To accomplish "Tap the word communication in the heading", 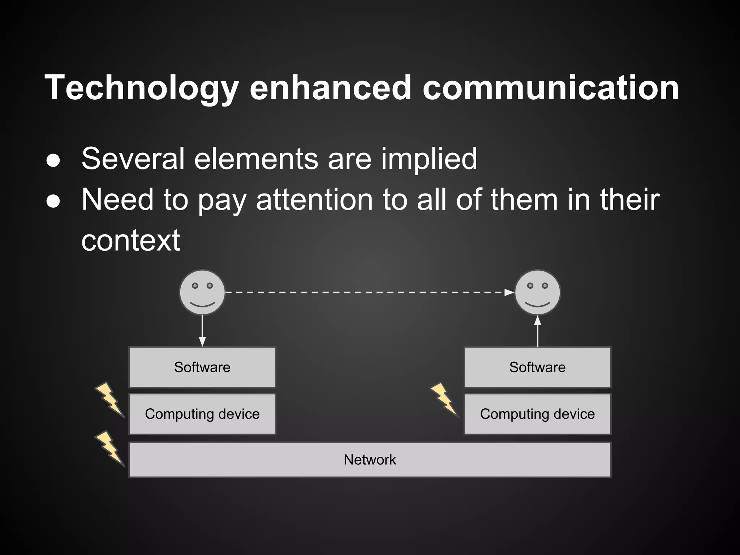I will point(551,88).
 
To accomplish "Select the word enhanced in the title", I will point(330,88).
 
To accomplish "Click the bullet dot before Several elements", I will point(53,160).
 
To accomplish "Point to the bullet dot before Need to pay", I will point(53,201).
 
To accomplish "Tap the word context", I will point(130,241).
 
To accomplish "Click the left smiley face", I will point(202,292).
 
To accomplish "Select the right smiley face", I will point(537,292).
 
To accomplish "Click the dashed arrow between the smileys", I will point(369,292).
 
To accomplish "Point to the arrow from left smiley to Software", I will point(202,331).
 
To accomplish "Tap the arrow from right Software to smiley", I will point(537,331).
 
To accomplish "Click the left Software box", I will point(202,367).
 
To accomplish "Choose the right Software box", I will point(537,367).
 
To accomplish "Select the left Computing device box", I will point(202,414).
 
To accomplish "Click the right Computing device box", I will point(537,414).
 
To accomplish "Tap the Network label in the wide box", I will point(370,460).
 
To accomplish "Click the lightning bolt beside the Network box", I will point(109,448).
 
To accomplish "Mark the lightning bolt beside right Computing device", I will point(444,400).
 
